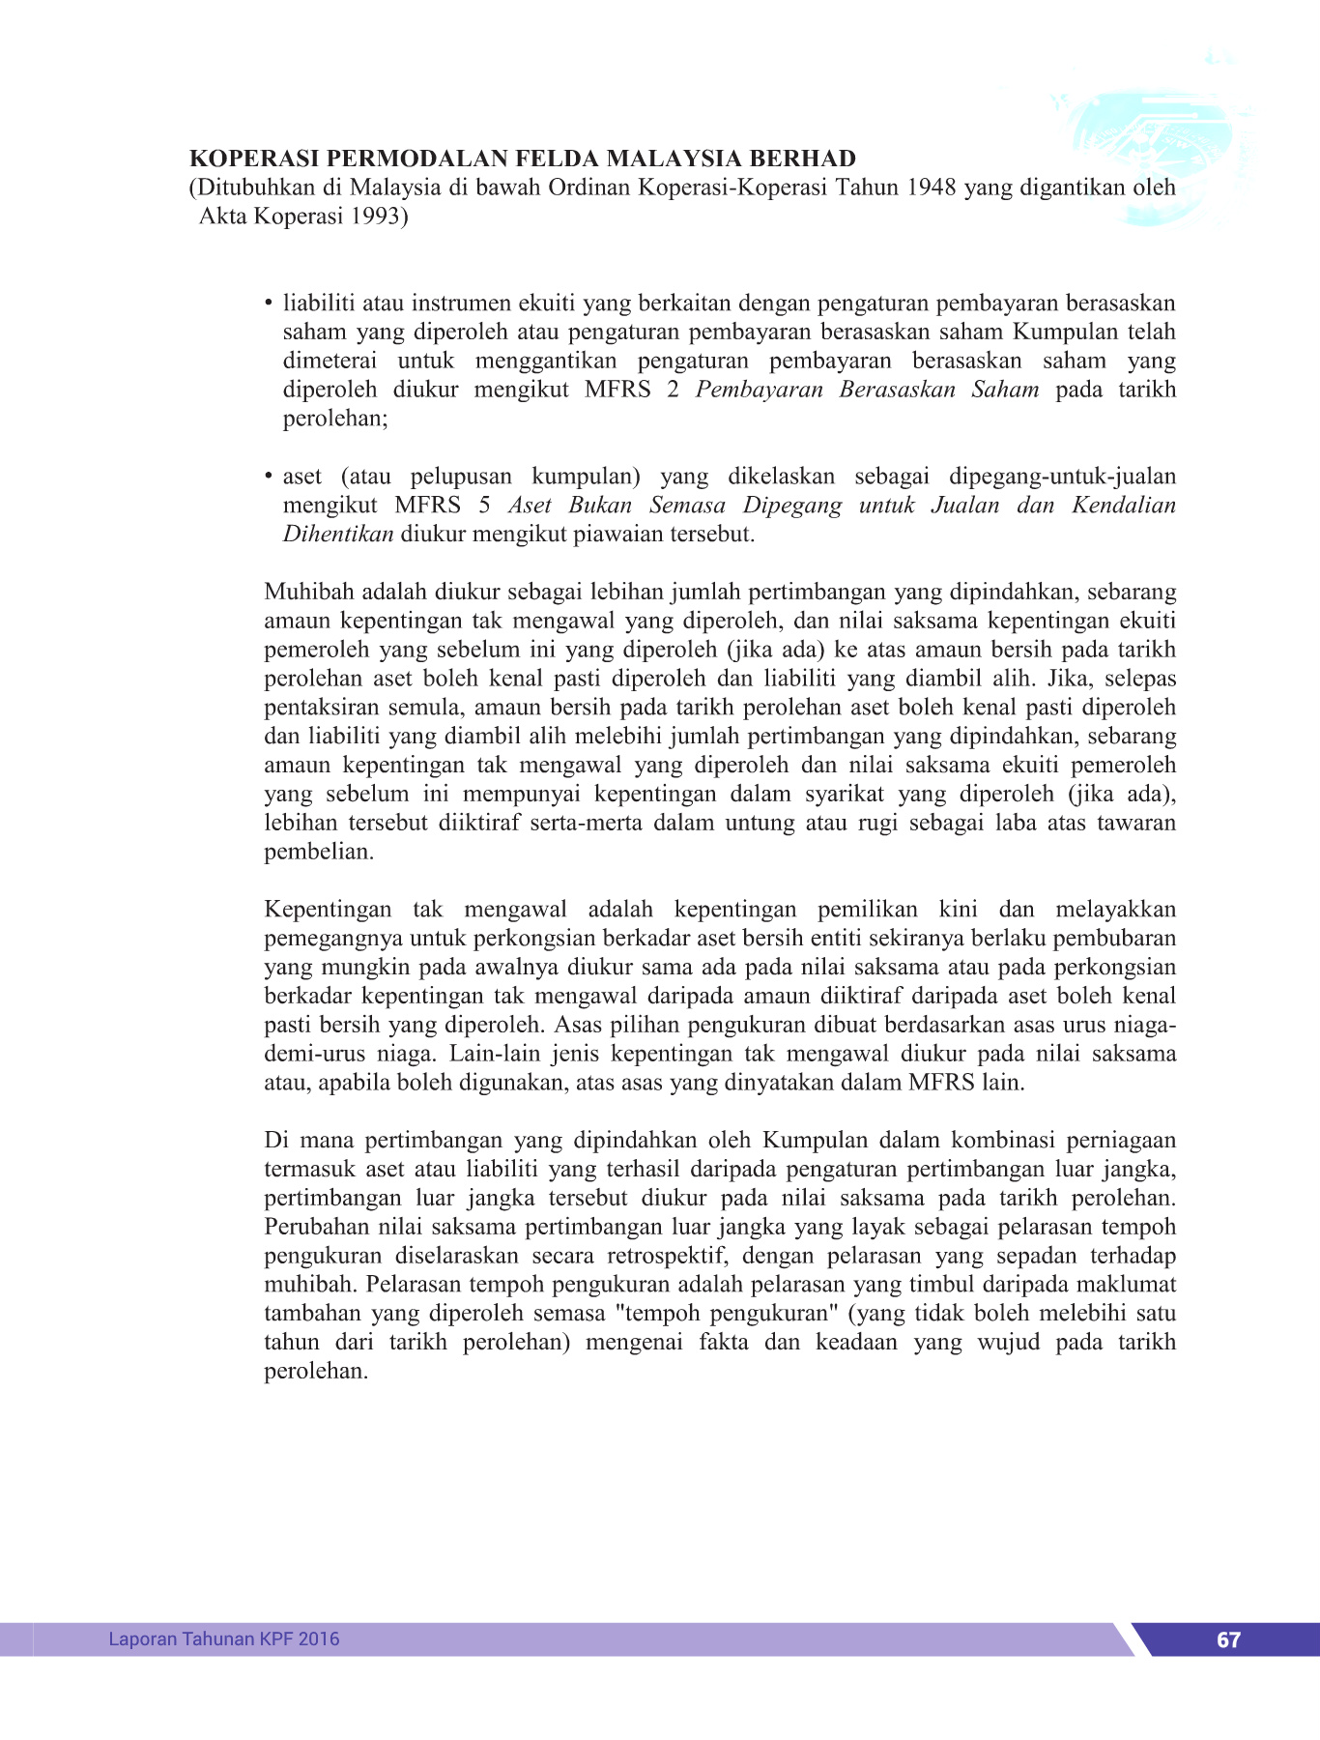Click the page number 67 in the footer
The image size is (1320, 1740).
1228,1639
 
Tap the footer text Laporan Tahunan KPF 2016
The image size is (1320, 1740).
224,1638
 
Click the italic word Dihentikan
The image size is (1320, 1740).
337,534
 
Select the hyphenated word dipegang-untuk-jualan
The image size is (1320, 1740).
1062,476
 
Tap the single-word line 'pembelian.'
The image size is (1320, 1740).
319,852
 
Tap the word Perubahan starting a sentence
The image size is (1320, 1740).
316,1227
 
